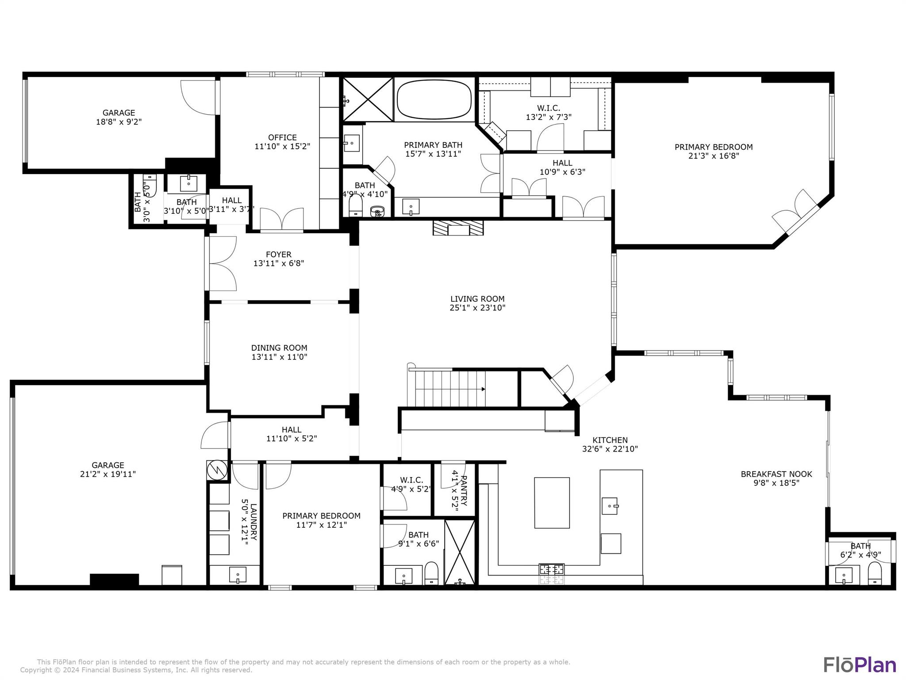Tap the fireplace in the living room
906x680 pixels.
coord(458,228)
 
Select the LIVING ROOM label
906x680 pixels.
coord(477,299)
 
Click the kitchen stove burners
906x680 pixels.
coord(551,568)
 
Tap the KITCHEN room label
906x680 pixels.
coord(610,440)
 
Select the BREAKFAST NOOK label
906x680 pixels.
coord(776,474)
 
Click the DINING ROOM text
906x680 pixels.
coord(279,348)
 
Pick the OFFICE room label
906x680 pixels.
coord(282,138)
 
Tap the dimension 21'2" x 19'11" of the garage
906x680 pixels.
coord(108,474)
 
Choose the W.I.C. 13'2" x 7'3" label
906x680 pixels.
coord(549,112)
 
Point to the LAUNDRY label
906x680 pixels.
coord(253,522)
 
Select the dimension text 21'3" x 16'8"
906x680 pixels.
coord(714,156)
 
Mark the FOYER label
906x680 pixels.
coord(279,255)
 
